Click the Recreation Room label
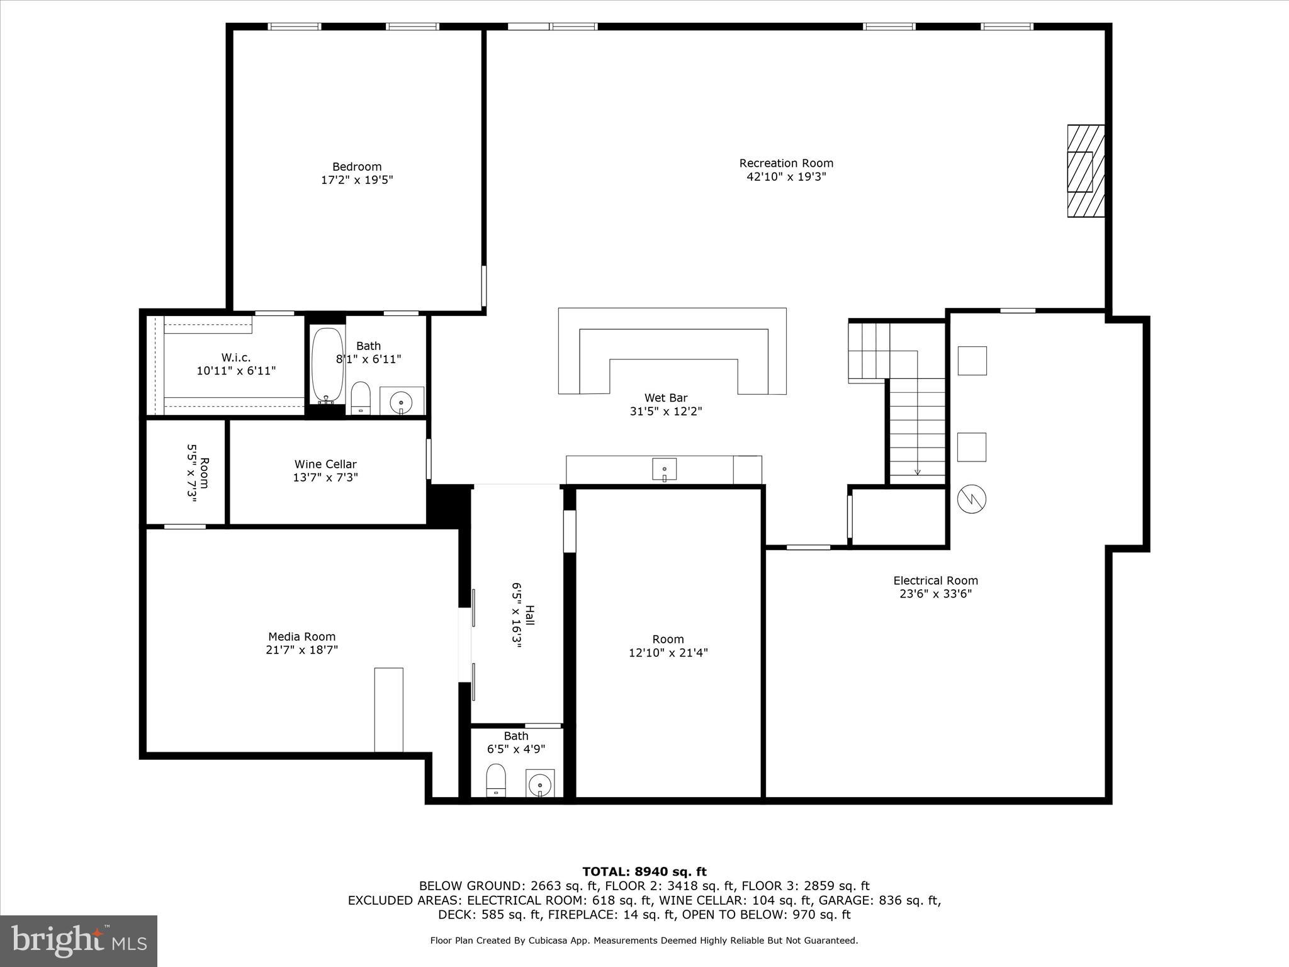786,163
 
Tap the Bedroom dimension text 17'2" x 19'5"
357,180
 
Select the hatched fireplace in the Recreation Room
1086,171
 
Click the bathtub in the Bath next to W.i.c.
327,365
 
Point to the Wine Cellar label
325,464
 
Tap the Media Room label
301,636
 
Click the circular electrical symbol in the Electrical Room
971,499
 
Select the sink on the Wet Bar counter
664,470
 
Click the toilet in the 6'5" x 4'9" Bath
496,781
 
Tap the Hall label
530,616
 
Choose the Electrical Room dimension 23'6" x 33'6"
935,594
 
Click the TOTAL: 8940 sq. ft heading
644,871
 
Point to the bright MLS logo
79,941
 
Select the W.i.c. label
236,358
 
